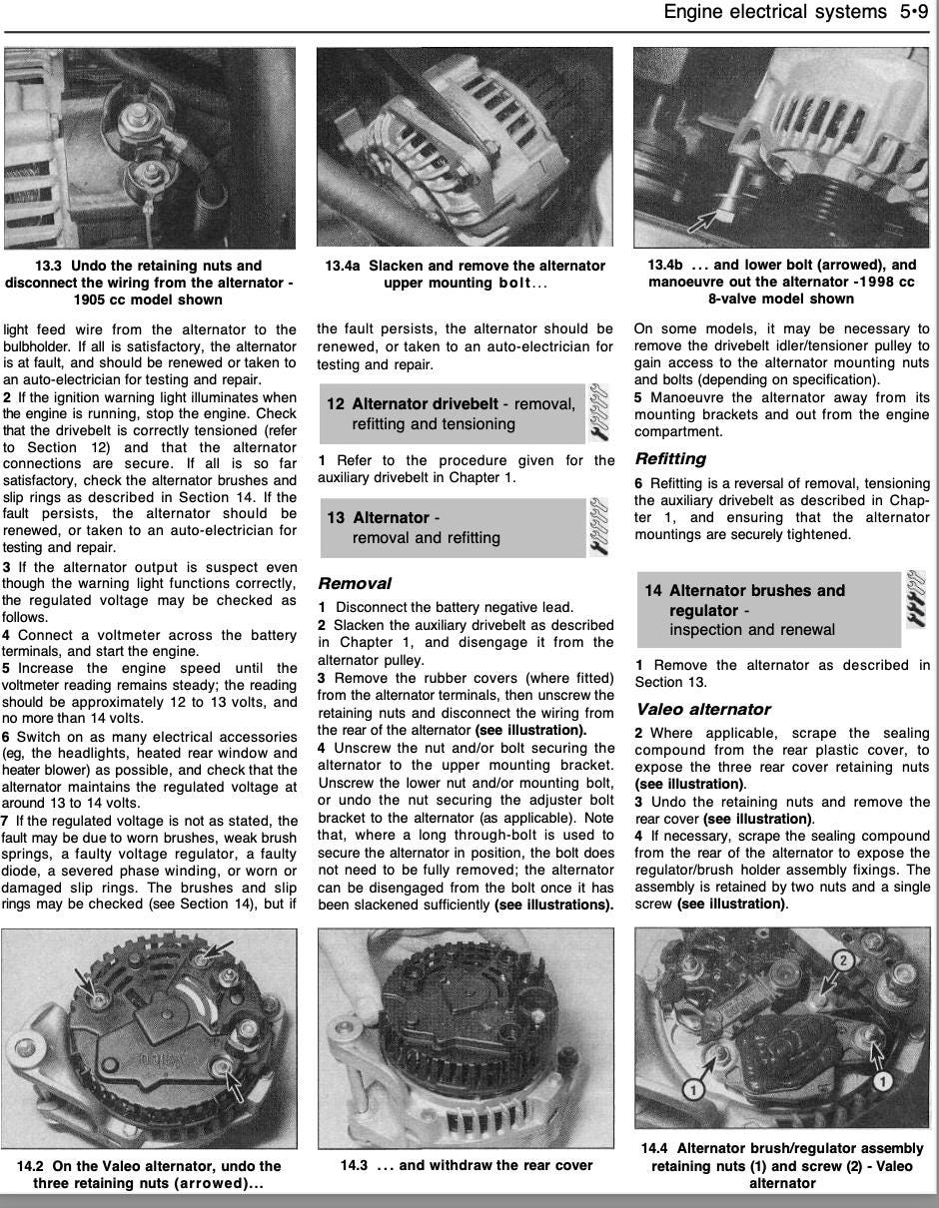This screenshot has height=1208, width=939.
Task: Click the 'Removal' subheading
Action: click(354, 583)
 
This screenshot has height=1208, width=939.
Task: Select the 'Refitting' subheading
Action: click(670, 459)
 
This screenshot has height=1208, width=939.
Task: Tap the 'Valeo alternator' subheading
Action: click(702, 709)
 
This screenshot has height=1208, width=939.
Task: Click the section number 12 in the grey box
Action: click(336, 404)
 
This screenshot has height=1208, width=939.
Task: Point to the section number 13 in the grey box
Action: click(336, 518)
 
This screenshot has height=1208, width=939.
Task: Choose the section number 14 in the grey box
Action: click(653, 591)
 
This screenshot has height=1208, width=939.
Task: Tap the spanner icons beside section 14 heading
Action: click(916, 598)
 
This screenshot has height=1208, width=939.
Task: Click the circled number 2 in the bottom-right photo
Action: click(842, 961)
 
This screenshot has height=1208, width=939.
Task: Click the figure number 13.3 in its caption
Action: click(50, 267)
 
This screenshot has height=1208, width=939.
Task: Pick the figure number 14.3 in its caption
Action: click(354, 1165)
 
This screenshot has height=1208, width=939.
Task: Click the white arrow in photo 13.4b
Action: click(712, 218)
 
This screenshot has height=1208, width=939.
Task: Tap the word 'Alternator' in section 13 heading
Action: click(391, 518)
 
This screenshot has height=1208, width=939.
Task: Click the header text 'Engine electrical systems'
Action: click(774, 12)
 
